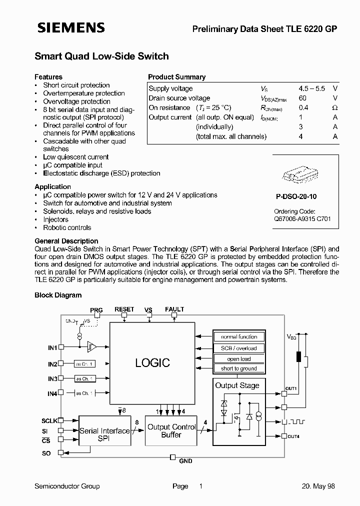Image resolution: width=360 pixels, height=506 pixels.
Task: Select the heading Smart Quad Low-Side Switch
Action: coord(101,56)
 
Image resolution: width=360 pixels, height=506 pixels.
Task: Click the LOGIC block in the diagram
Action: coord(152,363)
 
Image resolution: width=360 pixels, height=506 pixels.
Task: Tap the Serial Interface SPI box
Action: coord(104,434)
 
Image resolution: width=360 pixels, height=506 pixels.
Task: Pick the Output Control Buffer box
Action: coord(171,430)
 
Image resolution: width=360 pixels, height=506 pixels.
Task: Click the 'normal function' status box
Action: coord(239,337)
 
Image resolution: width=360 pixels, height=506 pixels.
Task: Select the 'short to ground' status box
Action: coord(239,368)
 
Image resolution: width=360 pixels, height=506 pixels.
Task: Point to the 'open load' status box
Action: coord(239,358)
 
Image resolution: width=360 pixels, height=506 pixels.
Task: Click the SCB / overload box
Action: coord(239,348)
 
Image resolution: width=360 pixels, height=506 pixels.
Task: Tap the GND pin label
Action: coord(185,460)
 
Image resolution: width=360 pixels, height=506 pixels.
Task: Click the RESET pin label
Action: coord(124,309)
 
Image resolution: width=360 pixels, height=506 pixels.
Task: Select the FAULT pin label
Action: coord(174,309)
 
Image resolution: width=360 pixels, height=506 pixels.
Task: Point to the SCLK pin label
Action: coord(49,421)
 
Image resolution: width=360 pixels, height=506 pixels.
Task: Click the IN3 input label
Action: coord(52,379)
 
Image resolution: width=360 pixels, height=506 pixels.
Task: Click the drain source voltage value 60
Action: coord(302,98)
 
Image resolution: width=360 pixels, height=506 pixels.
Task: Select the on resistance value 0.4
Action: coord(303,107)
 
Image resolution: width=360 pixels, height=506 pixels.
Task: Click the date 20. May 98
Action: coord(318,486)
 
